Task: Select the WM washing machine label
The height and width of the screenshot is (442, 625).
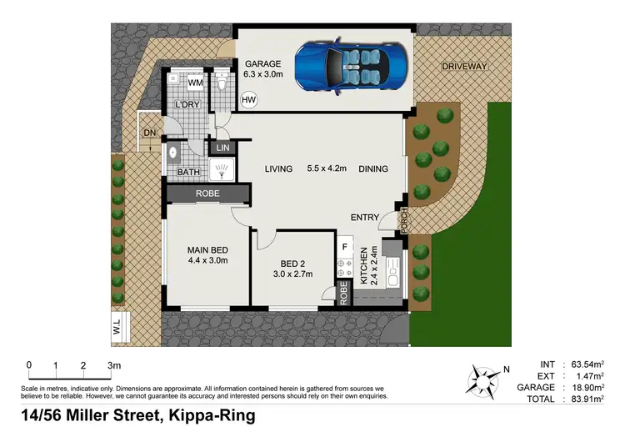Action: tap(195, 83)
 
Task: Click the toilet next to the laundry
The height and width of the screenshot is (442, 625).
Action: tap(222, 83)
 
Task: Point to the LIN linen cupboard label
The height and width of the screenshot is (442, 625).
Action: tap(222, 148)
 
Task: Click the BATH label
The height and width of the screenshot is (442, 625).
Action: tap(187, 173)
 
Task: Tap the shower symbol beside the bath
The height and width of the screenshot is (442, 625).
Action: tap(222, 172)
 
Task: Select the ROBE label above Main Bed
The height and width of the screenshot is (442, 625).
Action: tap(207, 193)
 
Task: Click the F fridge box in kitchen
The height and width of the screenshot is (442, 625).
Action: tap(343, 247)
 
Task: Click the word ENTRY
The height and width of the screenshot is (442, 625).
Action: tap(365, 218)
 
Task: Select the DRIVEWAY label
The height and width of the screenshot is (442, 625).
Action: tap(464, 65)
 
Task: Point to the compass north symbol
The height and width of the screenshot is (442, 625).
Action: tap(483, 379)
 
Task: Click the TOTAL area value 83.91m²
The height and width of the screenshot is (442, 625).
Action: tap(584, 399)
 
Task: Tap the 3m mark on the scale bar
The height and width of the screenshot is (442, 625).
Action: tap(112, 365)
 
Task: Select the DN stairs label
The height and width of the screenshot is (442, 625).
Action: tap(149, 133)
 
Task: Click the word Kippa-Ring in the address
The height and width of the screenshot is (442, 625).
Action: tap(212, 415)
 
